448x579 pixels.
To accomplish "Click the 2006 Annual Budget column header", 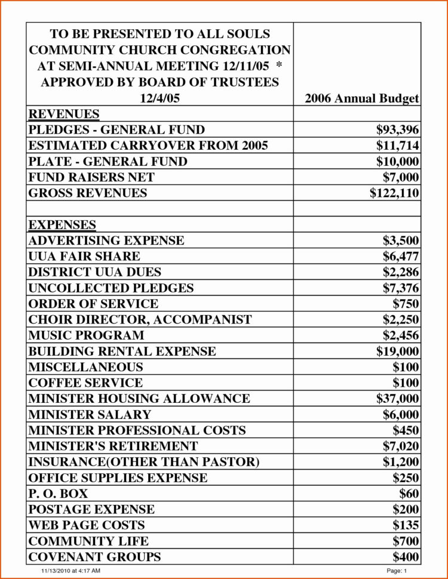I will coord(361,98).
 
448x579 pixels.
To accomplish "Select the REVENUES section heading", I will coord(64,114).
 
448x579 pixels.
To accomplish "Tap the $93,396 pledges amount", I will coord(397,130).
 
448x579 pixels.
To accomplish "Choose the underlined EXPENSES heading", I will coord(62,224).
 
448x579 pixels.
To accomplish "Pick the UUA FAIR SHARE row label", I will coord(84,256).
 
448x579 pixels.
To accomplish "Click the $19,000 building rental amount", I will coord(397,351).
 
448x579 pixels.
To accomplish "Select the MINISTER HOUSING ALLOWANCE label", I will coord(139,398).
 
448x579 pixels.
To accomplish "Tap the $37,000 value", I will coord(397,398).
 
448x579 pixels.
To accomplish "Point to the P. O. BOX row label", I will coord(58,493).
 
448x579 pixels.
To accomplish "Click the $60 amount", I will coord(409,493).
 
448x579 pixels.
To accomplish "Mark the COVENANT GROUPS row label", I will coord(94,557).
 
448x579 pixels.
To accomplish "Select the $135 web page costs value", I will coord(406,525).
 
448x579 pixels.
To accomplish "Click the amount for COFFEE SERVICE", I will coord(406,383).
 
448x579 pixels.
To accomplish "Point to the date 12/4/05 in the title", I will coord(159,98).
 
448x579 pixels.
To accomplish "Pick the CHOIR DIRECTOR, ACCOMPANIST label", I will coord(140,319).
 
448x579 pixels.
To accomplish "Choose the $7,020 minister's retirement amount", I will coord(401,446).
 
